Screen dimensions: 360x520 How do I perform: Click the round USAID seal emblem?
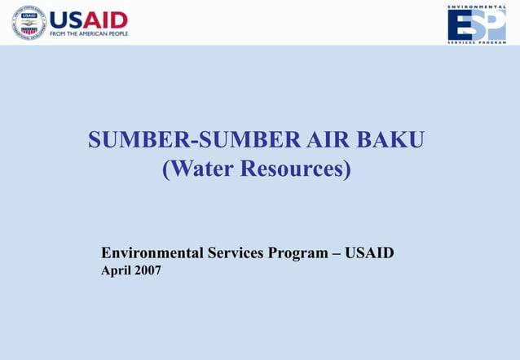(29, 23)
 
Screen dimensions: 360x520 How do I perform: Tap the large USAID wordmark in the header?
(89, 20)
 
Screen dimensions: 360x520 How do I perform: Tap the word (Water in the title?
(195, 170)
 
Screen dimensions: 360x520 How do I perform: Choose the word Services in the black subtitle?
(235, 252)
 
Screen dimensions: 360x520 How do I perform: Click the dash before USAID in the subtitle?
(337, 252)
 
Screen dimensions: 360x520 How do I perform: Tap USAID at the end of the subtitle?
(370, 252)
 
